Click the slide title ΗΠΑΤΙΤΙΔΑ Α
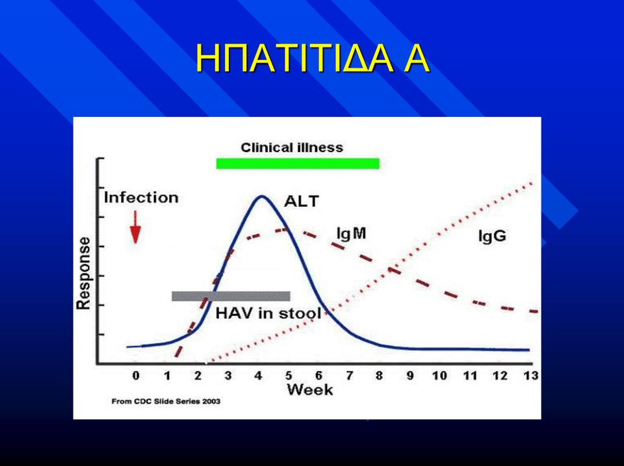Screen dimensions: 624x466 click(x=313, y=58)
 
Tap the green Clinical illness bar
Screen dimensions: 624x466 click(x=298, y=164)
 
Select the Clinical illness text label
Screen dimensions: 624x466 click(x=292, y=148)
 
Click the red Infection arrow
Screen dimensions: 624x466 click(x=136, y=227)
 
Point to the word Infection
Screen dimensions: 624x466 click(x=141, y=198)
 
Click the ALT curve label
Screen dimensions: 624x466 click(x=301, y=201)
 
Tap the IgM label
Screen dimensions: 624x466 click(x=351, y=233)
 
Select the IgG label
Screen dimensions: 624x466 click(x=492, y=236)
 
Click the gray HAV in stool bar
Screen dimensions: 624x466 click(x=231, y=296)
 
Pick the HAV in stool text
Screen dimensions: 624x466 click(x=268, y=313)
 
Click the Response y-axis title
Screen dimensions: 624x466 click(x=84, y=274)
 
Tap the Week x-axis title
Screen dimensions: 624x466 click(x=309, y=389)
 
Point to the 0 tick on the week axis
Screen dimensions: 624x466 click(x=136, y=375)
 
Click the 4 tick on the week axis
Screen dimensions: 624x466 click(x=258, y=375)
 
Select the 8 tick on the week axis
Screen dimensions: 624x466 click(x=379, y=375)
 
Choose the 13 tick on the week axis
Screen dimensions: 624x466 click(x=531, y=375)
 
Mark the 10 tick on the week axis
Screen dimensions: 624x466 click(x=439, y=375)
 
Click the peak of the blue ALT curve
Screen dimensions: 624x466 click(x=261, y=196)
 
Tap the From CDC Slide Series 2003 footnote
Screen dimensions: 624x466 click(x=166, y=401)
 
